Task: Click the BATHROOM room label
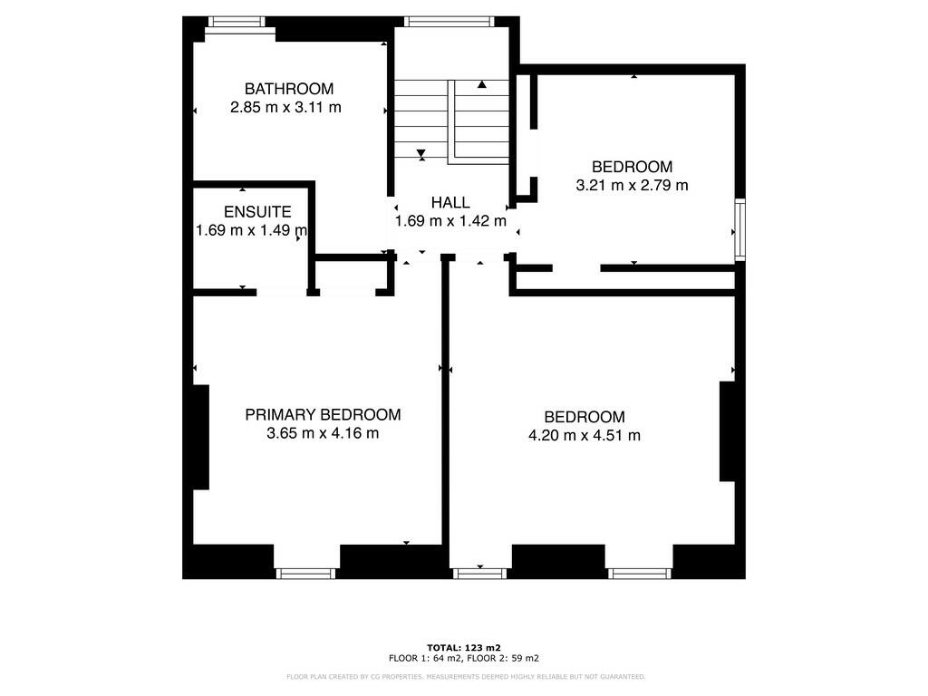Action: pyautogui.click(x=289, y=89)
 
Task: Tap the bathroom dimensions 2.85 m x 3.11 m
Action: pyautogui.click(x=285, y=108)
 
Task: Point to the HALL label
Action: pyautogui.click(x=450, y=202)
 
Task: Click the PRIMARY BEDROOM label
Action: pyautogui.click(x=323, y=415)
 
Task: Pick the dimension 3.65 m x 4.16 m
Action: pyautogui.click(x=323, y=434)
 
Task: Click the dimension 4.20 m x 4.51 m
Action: pyautogui.click(x=585, y=436)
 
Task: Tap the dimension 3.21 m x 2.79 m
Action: pyautogui.click(x=632, y=186)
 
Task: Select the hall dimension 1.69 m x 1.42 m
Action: pyautogui.click(x=450, y=221)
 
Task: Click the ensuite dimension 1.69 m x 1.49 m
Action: pyautogui.click(x=252, y=231)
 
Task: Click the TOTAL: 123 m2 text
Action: pyautogui.click(x=463, y=647)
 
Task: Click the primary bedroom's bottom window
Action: pyautogui.click(x=305, y=573)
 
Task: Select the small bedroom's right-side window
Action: pyautogui.click(x=739, y=230)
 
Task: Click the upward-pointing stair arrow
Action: pyautogui.click(x=482, y=84)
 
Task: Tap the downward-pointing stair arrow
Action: pyautogui.click(x=421, y=154)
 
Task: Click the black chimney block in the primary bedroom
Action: pyautogui.click(x=201, y=437)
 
